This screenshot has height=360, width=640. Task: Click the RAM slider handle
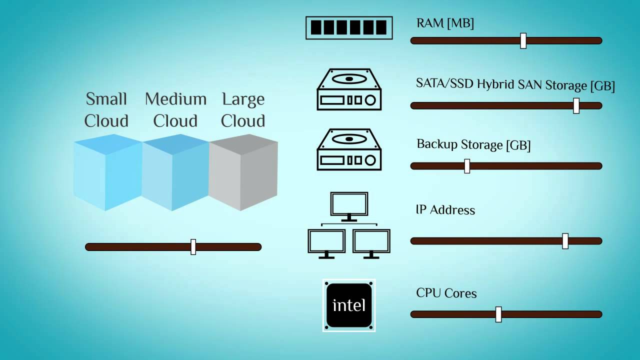[523, 40]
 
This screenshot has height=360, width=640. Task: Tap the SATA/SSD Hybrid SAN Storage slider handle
[576, 105]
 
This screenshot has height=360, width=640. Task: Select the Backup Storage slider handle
[467, 166]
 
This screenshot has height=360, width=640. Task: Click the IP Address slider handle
[565, 241]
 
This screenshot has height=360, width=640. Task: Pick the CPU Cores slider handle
[498, 314]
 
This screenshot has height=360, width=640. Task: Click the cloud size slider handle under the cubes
[193, 247]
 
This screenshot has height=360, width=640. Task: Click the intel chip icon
[349, 305]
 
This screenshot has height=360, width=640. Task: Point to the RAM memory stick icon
[349, 27]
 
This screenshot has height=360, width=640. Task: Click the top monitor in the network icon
[349, 205]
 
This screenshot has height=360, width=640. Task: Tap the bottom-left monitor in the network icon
[326, 243]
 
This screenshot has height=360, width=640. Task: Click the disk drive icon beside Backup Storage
[349, 149]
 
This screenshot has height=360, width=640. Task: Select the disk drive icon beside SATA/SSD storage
[349, 89]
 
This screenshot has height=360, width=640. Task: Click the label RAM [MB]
[445, 23]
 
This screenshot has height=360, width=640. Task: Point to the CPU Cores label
[446, 293]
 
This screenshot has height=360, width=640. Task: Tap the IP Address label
[445, 209]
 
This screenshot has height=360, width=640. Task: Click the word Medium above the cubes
[175, 99]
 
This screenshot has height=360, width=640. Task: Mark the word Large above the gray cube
[243, 99]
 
